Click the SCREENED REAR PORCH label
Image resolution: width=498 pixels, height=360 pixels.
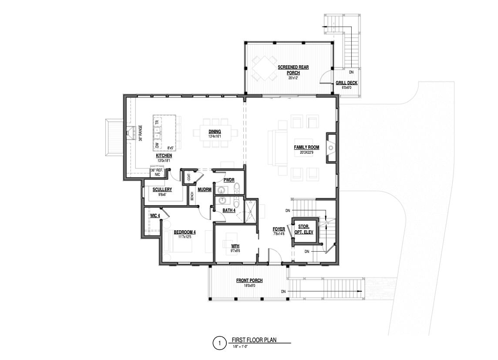click(x=293, y=70)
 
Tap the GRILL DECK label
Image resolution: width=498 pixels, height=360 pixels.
click(x=347, y=83)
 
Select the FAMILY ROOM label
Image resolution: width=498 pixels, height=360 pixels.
click(x=306, y=147)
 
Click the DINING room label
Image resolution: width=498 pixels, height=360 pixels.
click(x=214, y=131)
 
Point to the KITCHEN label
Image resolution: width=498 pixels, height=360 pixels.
click(x=164, y=155)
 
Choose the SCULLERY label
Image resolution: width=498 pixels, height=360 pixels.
click(x=162, y=189)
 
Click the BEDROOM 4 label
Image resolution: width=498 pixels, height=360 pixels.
click(x=185, y=232)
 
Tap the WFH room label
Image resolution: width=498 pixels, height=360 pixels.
click(x=235, y=246)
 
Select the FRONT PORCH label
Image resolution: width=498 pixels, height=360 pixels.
click(x=249, y=280)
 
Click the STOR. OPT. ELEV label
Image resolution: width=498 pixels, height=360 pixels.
click(x=304, y=229)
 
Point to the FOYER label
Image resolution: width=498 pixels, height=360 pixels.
click(x=279, y=229)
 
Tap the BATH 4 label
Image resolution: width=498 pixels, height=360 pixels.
click(x=229, y=211)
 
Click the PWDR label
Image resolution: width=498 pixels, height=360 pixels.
click(x=229, y=179)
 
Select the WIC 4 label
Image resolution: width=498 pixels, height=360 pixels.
click(x=155, y=215)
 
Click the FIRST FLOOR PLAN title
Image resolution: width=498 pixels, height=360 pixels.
click(x=254, y=340)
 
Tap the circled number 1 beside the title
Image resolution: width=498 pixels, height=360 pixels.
click(x=219, y=343)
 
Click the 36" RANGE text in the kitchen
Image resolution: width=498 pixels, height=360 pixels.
click(x=141, y=133)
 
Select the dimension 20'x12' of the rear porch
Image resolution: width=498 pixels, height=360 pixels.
click(x=293, y=78)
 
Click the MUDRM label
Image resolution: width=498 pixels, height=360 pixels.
click(x=205, y=189)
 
